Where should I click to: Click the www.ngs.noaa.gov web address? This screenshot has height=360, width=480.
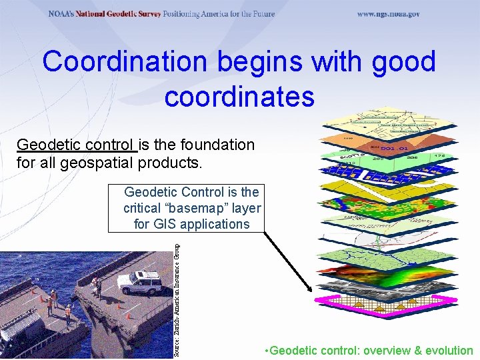point(388,14)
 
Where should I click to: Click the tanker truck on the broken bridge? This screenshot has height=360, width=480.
point(20,336)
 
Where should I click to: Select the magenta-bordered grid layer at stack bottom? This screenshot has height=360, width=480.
point(387,304)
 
